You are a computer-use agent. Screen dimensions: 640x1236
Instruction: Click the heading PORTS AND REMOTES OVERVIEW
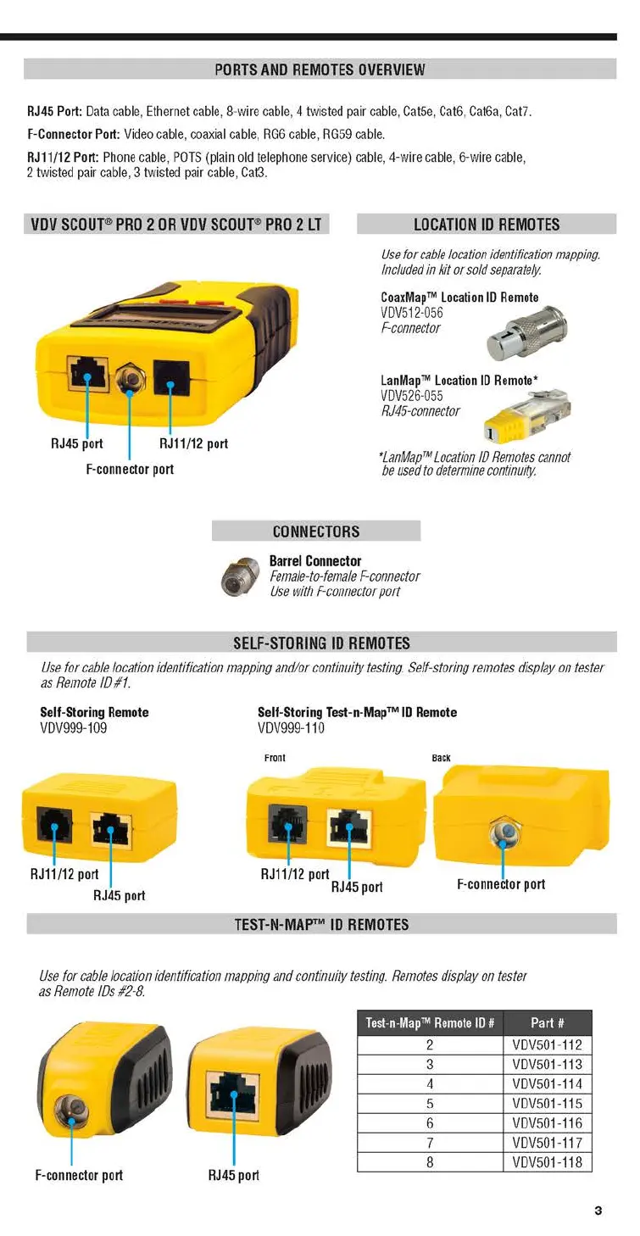click(x=320, y=70)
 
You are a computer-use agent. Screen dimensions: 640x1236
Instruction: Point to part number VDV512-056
click(x=412, y=313)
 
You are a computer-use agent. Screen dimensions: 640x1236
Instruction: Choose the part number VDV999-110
click(x=291, y=727)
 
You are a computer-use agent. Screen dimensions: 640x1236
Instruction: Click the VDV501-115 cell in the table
click(x=547, y=1104)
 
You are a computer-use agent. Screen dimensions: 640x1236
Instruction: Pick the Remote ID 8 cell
click(x=430, y=1162)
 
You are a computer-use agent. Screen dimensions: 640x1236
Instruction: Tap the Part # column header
click(x=547, y=1022)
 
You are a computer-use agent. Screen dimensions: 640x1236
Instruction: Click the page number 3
click(x=598, y=1211)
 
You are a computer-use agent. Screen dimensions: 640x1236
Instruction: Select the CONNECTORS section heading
click(x=316, y=532)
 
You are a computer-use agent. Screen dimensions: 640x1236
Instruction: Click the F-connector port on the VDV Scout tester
click(x=130, y=376)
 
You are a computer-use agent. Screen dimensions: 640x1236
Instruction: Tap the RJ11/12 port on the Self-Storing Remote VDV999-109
click(x=53, y=825)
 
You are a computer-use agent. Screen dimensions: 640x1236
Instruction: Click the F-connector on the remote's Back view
click(x=505, y=834)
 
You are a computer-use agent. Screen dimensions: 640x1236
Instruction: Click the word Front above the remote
click(x=275, y=758)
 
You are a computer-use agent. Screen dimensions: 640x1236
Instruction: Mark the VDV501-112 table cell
click(x=547, y=1045)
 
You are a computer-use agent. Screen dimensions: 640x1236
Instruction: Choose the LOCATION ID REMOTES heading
click(x=487, y=225)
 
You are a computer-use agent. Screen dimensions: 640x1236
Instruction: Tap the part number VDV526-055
click(x=412, y=396)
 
